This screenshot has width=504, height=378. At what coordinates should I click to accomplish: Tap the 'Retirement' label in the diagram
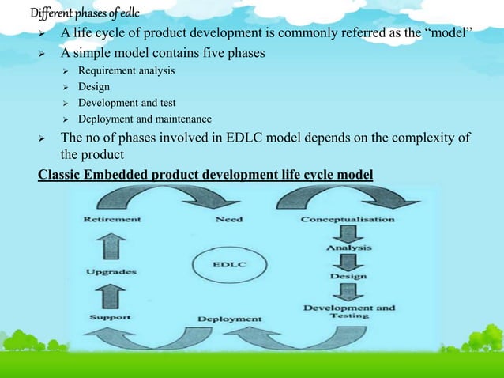tap(113, 218)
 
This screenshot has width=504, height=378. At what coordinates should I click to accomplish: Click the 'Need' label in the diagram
tap(228, 218)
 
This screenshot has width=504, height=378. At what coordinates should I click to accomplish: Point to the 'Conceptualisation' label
tap(348, 218)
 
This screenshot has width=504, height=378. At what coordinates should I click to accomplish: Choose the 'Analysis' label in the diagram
tap(348, 248)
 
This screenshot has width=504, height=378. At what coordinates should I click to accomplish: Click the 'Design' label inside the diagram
tap(348, 277)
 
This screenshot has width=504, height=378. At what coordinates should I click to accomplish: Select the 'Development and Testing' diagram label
tap(350, 311)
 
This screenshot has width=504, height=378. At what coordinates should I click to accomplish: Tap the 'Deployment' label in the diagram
tap(229, 319)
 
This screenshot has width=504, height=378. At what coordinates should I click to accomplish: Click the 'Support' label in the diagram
tap(110, 316)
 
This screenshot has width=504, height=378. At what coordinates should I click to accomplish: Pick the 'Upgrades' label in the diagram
tap(111, 271)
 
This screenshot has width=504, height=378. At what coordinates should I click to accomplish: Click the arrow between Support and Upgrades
tap(111, 295)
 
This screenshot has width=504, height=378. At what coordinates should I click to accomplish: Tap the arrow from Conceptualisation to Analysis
tap(348, 233)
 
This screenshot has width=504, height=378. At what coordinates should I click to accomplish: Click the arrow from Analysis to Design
tap(348, 262)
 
